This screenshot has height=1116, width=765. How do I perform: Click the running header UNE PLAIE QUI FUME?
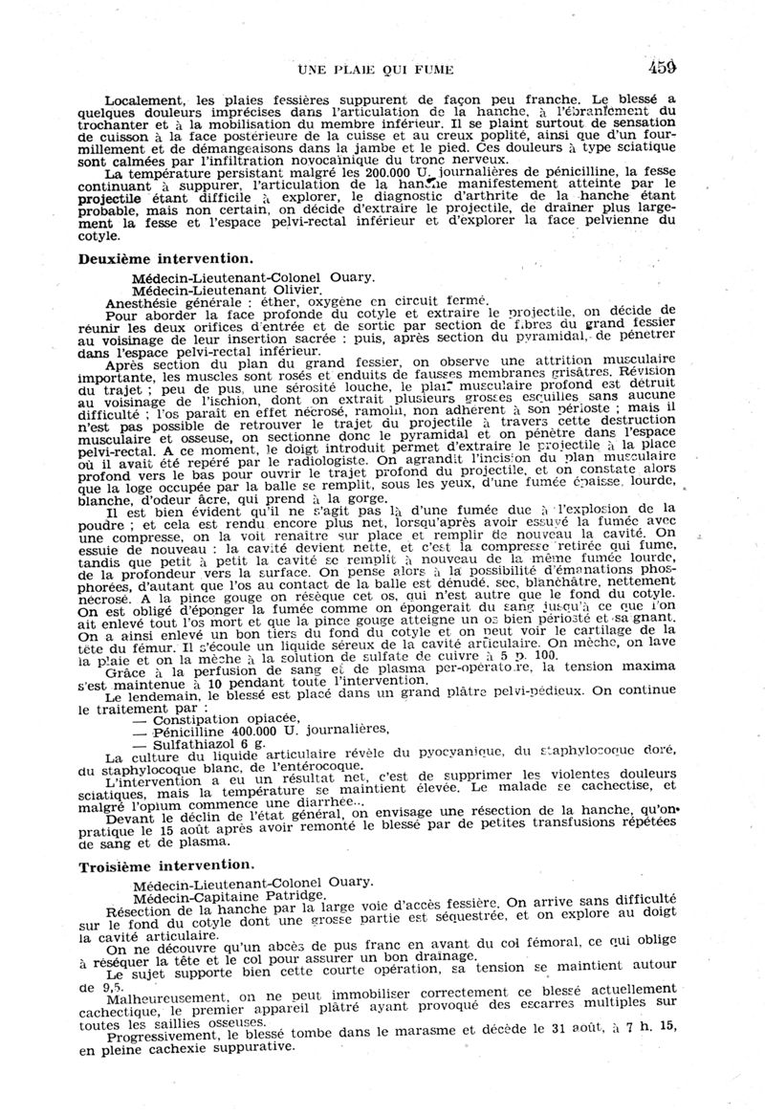point(376,69)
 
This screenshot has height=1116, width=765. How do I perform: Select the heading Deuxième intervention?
point(165,258)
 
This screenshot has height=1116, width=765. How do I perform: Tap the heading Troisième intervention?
point(166,863)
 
